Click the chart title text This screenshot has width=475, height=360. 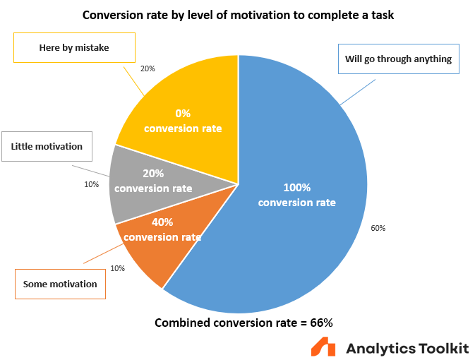click(x=237, y=14)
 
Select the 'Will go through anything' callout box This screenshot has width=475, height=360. click(x=398, y=59)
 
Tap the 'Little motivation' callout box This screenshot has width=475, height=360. click(x=47, y=147)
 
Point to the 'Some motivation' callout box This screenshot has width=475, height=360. click(x=60, y=284)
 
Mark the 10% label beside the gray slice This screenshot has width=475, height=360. click(x=92, y=184)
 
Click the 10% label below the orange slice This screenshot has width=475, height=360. click(x=117, y=268)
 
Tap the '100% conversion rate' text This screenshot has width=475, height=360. click(x=296, y=196)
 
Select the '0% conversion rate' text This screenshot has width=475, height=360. click(x=183, y=121)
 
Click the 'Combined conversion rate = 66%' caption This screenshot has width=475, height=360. click(x=243, y=323)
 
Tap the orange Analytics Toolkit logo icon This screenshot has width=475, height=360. click(x=324, y=348)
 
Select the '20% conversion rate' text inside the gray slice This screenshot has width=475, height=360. click(x=153, y=181)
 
